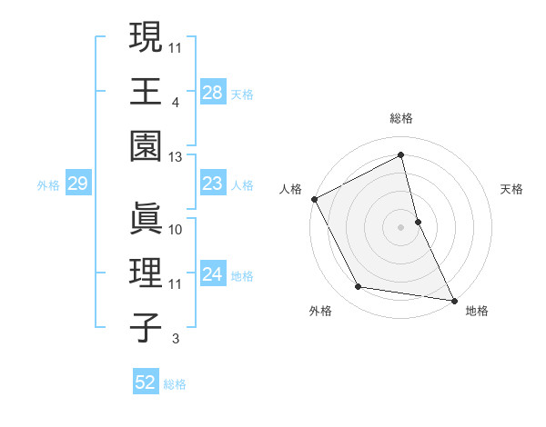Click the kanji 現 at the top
pyautogui.click(x=145, y=40)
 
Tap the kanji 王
pyautogui.click(x=145, y=91)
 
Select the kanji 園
pyautogui.click(x=145, y=144)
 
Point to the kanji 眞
pyautogui.click(x=145, y=219)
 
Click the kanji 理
pyautogui.click(x=145, y=273)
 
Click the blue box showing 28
pyautogui.click(x=212, y=92)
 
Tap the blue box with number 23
pyautogui.click(x=212, y=184)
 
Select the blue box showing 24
pyautogui.click(x=212, y=274)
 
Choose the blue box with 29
pyautogui.click(x=77, y=184)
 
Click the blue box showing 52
pyautogui.click(x=146, y=382)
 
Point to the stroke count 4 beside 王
pyautogui.click(x=175, y=103)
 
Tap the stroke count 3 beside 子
pyautogui.click(x=175, y=339)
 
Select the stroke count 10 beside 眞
pyautogui.click(x=176, y=230)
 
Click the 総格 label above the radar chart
pyautogui.click(x=400, y=118)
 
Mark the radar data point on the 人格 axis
pyautogui.click(x=314, y=198)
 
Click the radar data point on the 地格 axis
pyautogui.click(x=452, y=299)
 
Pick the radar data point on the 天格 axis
pyautogui.click(x=418, y=221)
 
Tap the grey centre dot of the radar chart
pyautogui.click(x=400, y=226)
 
